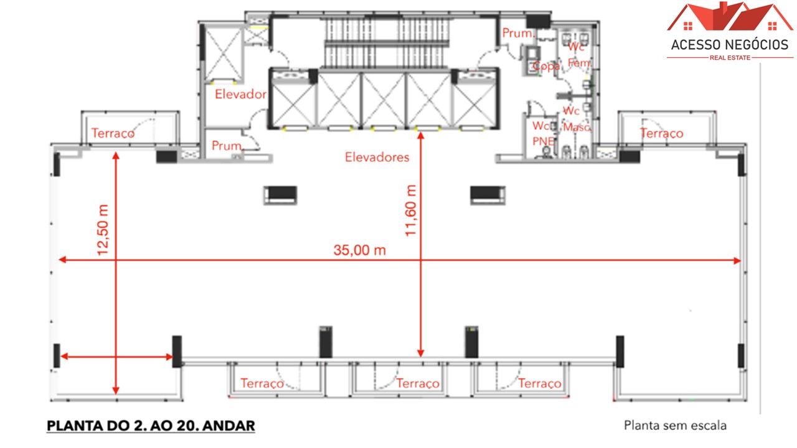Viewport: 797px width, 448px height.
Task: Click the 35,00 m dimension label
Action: coord(359,250)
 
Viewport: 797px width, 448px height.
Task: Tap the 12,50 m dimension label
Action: coord(103,229)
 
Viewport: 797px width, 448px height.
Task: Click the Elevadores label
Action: coord(377,157)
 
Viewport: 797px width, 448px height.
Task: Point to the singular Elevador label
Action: coord(240,95)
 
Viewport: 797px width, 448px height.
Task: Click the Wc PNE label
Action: coord(543,133)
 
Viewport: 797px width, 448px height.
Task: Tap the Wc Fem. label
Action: coord(578,55)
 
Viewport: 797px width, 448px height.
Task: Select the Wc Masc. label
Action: coord(575,118)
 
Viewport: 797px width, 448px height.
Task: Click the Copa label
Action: coord(546,66)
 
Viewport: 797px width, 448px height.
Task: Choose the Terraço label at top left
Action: coord(113,133)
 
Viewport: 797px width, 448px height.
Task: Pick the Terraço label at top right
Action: coord(661,133)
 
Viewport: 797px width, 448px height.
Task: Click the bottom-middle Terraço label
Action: coord(418,383)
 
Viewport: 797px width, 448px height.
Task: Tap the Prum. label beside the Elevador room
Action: coord(226,146)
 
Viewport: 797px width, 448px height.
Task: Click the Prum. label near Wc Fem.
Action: coord(517,34)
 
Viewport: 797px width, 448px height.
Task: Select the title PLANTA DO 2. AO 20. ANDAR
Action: coord(151,426)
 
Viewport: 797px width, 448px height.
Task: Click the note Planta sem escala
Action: coord(675,426)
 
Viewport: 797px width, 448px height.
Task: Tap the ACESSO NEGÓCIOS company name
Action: coord(730,45)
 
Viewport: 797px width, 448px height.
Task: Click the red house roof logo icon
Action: coord(730,17)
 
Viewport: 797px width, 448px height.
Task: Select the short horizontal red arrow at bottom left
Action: coord(116,357)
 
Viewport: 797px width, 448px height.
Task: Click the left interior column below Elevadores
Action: coord(280,195)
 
